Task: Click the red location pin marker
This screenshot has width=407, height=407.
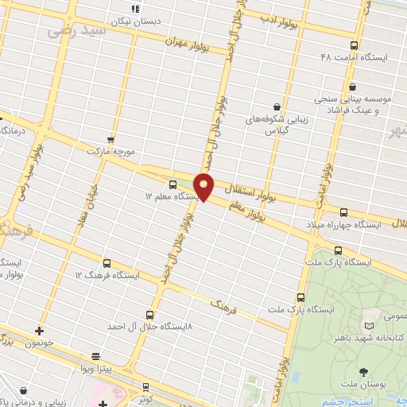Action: (x=205, y=188)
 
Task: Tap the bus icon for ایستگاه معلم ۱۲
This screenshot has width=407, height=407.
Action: (x=173, y=184)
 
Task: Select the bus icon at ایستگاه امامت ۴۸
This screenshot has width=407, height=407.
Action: (x=354, y=46)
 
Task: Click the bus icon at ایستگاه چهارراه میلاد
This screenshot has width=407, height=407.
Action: (x=343, y=212)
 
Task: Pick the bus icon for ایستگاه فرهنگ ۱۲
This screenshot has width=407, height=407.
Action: (x=107, y=263)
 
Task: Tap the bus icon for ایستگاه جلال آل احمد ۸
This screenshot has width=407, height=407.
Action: (x=151, y=315)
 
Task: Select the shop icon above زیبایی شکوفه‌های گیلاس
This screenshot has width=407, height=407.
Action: (x=277, y=107)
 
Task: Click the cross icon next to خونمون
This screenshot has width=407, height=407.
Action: (x=39, y=330)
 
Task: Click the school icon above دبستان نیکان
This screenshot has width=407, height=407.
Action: (x=135, y=8)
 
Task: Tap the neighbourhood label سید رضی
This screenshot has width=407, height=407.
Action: (x=78, y=31)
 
